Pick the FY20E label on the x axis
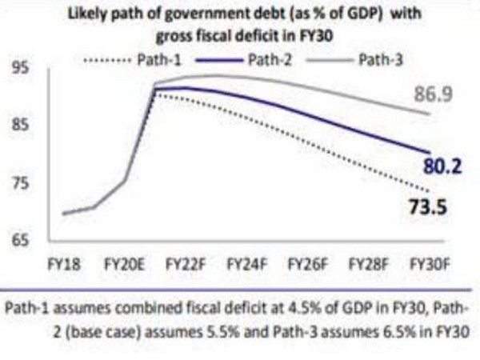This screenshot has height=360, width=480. click(x=124, y=262)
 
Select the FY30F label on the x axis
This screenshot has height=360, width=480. click(x=428, y=262)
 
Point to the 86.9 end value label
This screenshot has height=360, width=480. click(x=433, y=95)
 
